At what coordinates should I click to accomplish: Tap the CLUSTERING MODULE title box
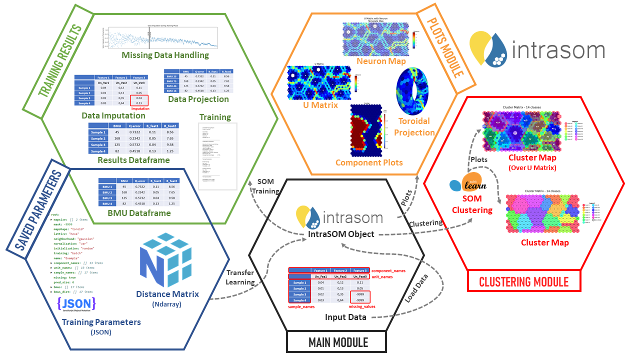524,281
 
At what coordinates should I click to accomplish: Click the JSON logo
76,305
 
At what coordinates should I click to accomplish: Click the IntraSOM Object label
342,234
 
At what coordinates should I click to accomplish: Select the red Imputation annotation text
140,108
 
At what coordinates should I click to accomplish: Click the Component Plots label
369,162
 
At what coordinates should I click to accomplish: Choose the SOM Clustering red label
472,205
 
